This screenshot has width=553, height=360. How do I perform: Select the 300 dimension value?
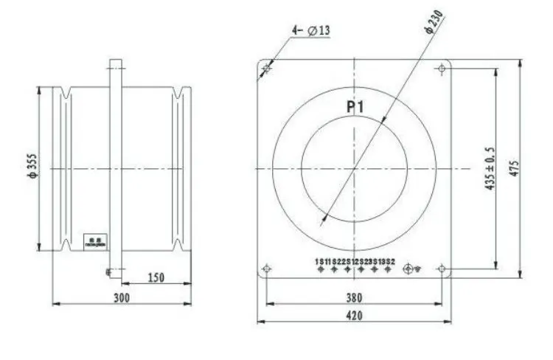click(122, 297)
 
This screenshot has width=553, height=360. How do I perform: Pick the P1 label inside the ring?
click(357, 108)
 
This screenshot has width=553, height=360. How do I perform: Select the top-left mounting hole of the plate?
click(267, 69)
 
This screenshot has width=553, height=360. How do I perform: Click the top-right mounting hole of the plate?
click(441, 69)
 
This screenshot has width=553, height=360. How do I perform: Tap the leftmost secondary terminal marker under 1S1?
click(321, 270)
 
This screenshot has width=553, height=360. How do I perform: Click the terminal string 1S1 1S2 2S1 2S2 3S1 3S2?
click(355, 262)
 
